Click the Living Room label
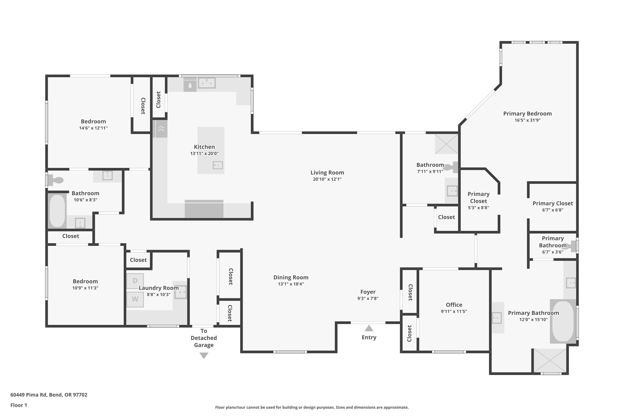327,172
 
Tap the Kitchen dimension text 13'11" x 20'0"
204,153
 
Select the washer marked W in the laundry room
135,300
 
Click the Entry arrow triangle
369,328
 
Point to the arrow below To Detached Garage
204,355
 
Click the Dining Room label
291,277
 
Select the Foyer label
368,292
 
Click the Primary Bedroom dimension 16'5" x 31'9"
527,120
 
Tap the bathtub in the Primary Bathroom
562,321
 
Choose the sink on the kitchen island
218,165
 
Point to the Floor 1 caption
19,405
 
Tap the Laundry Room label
159,288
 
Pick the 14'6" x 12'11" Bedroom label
93,121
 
